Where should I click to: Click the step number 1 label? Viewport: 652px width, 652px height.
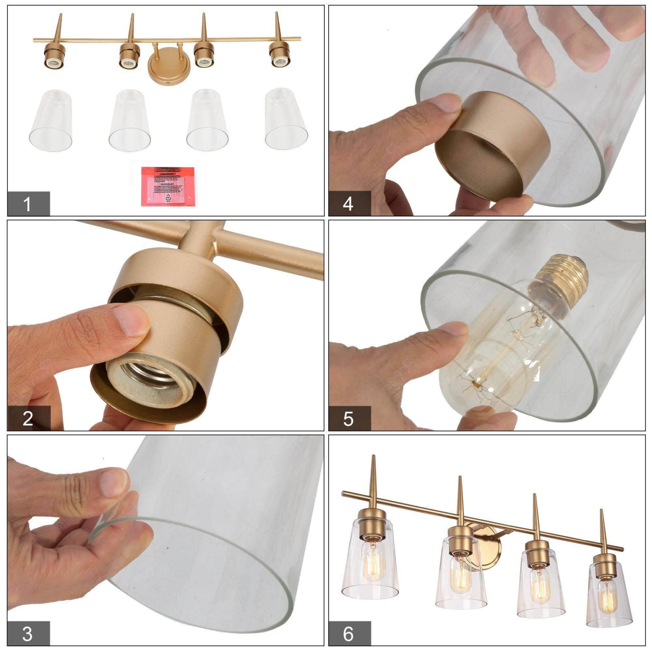coord(28,204)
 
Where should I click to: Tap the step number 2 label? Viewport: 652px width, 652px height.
coord(28,419)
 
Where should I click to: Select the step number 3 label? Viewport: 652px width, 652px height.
coord(27,634)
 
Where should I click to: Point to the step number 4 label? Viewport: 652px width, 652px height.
coord(348,204)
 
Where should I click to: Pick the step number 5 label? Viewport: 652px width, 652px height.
coord(348,419)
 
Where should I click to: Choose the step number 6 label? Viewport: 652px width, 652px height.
coord(348,634)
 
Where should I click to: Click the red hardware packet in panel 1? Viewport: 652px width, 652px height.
coord(168,186)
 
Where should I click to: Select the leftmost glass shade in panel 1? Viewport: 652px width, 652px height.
coord(51,120)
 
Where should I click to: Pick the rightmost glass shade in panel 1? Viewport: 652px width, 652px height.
coord(286,120)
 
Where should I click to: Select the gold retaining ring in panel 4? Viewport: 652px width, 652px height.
coord(491,143)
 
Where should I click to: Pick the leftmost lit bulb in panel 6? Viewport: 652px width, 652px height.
coord(373,561)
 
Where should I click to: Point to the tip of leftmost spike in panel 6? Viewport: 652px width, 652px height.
coord(373,456)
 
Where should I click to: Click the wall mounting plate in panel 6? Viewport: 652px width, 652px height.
coord(487,543)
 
